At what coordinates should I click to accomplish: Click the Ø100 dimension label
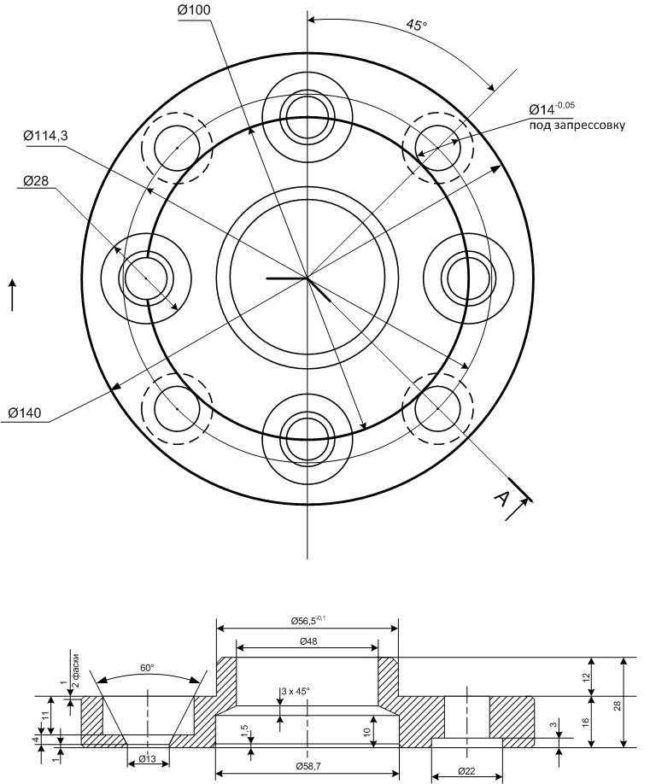click(x=194, y=10)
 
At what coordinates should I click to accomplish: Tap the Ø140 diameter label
click(x=26, y=412)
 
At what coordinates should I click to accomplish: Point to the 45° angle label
click(x=415, y=26)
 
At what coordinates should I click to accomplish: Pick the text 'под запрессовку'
click(x=577, y=125)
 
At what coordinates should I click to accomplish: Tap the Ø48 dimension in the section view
click(x=308, y=641)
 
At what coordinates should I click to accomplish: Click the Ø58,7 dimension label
click(x=307, y=766)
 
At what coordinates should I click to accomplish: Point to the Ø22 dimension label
click(x=467, y=770)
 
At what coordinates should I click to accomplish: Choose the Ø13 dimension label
click(x=148, y=759)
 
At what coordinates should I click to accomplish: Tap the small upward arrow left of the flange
click(x=13, y=295)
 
